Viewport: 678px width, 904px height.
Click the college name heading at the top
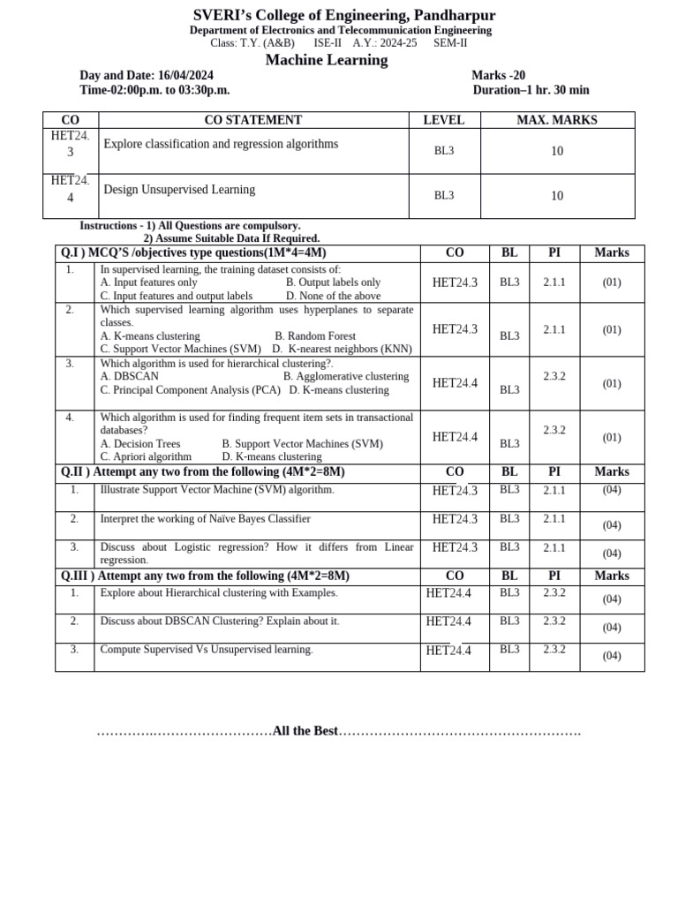click(344, 15)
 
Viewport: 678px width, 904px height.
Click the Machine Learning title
click(327, 60)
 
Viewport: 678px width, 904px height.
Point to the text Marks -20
click(498, 76)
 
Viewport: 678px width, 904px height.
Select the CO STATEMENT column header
click(252, 120)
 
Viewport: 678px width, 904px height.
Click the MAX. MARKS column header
click(556, 120)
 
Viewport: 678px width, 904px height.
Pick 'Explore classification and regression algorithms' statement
click(221, 144)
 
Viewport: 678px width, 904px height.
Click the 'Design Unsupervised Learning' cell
click(179, 190)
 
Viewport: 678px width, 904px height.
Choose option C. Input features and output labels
click(177, 296)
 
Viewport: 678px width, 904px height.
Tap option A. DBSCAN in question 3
click(130, 376)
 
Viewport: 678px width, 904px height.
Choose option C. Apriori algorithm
click(146, 457)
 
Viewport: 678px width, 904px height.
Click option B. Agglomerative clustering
click(346, 376)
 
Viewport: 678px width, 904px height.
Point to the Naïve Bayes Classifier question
click(205, 519)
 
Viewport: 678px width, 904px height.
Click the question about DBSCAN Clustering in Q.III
click(219, 621)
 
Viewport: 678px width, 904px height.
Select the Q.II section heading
click(202, 472)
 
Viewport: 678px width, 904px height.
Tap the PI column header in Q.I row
click(554, 252)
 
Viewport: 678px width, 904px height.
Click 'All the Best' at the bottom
click(305, 731)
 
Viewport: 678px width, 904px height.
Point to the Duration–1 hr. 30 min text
click(531, 90)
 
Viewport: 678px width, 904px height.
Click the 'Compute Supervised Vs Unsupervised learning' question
click(207, 650)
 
